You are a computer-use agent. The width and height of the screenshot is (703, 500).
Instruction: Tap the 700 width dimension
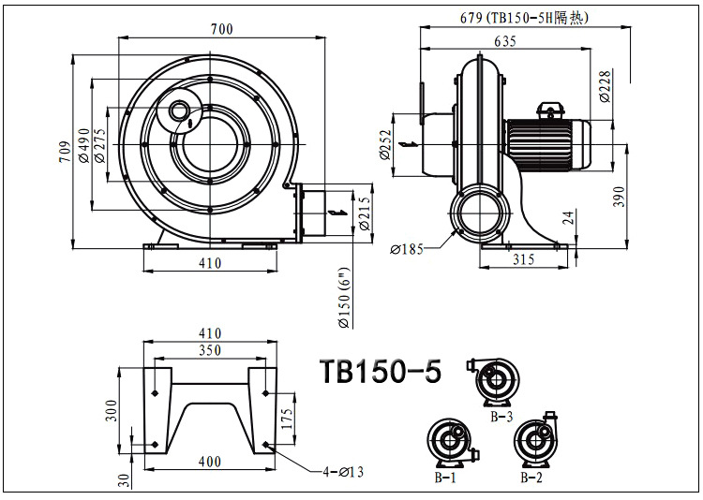tap(221, 29)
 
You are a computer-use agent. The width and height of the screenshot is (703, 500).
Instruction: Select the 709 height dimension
tap(65, 151)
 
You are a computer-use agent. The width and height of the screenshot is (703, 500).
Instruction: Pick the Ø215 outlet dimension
tap(365, 213)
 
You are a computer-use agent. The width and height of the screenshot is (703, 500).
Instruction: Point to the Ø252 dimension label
tap(385, 144)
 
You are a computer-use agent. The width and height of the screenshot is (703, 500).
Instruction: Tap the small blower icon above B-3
tap(495, 380)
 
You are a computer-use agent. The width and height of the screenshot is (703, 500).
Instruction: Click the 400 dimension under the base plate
tap(209, 462)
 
